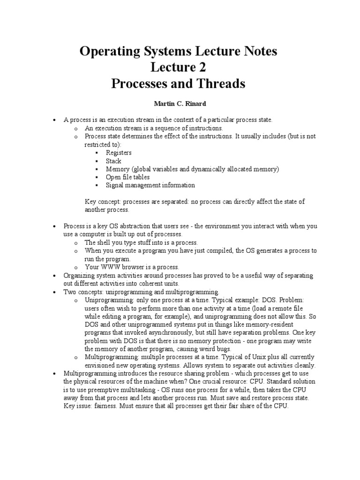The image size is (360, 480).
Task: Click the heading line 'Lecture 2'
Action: coord(178,67)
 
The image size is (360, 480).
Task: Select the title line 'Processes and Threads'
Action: coord(178,84)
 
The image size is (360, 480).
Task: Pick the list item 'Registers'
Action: coord(119,153)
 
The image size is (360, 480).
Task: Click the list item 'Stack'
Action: coord(113,161)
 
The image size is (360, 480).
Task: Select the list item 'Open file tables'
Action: coord(127,177)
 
